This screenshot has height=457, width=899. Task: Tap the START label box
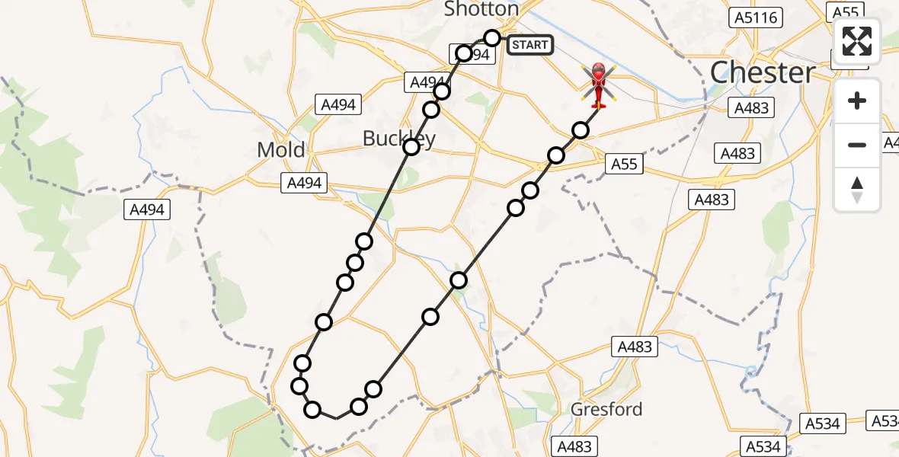529,45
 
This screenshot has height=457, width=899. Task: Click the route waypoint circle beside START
492,38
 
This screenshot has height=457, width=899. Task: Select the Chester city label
763,73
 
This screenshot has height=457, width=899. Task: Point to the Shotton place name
481,9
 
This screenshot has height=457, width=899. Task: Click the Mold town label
280,149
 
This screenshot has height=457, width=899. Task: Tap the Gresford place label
606,410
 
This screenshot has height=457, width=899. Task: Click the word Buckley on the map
398,139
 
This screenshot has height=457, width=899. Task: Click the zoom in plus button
857,101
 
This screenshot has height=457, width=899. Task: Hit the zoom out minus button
857,145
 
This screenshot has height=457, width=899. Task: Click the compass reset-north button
857,189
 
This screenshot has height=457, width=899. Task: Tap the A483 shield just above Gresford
635,347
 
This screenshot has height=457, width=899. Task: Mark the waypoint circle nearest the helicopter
581,130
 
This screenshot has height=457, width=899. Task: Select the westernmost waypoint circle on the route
299,386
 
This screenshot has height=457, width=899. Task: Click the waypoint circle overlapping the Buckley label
411,146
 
